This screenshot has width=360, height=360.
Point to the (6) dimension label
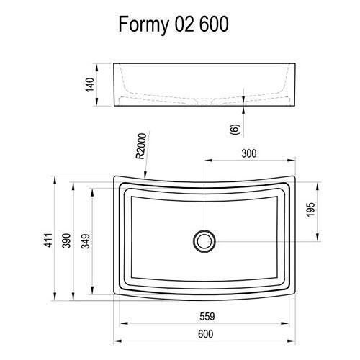tap(233, 129)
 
